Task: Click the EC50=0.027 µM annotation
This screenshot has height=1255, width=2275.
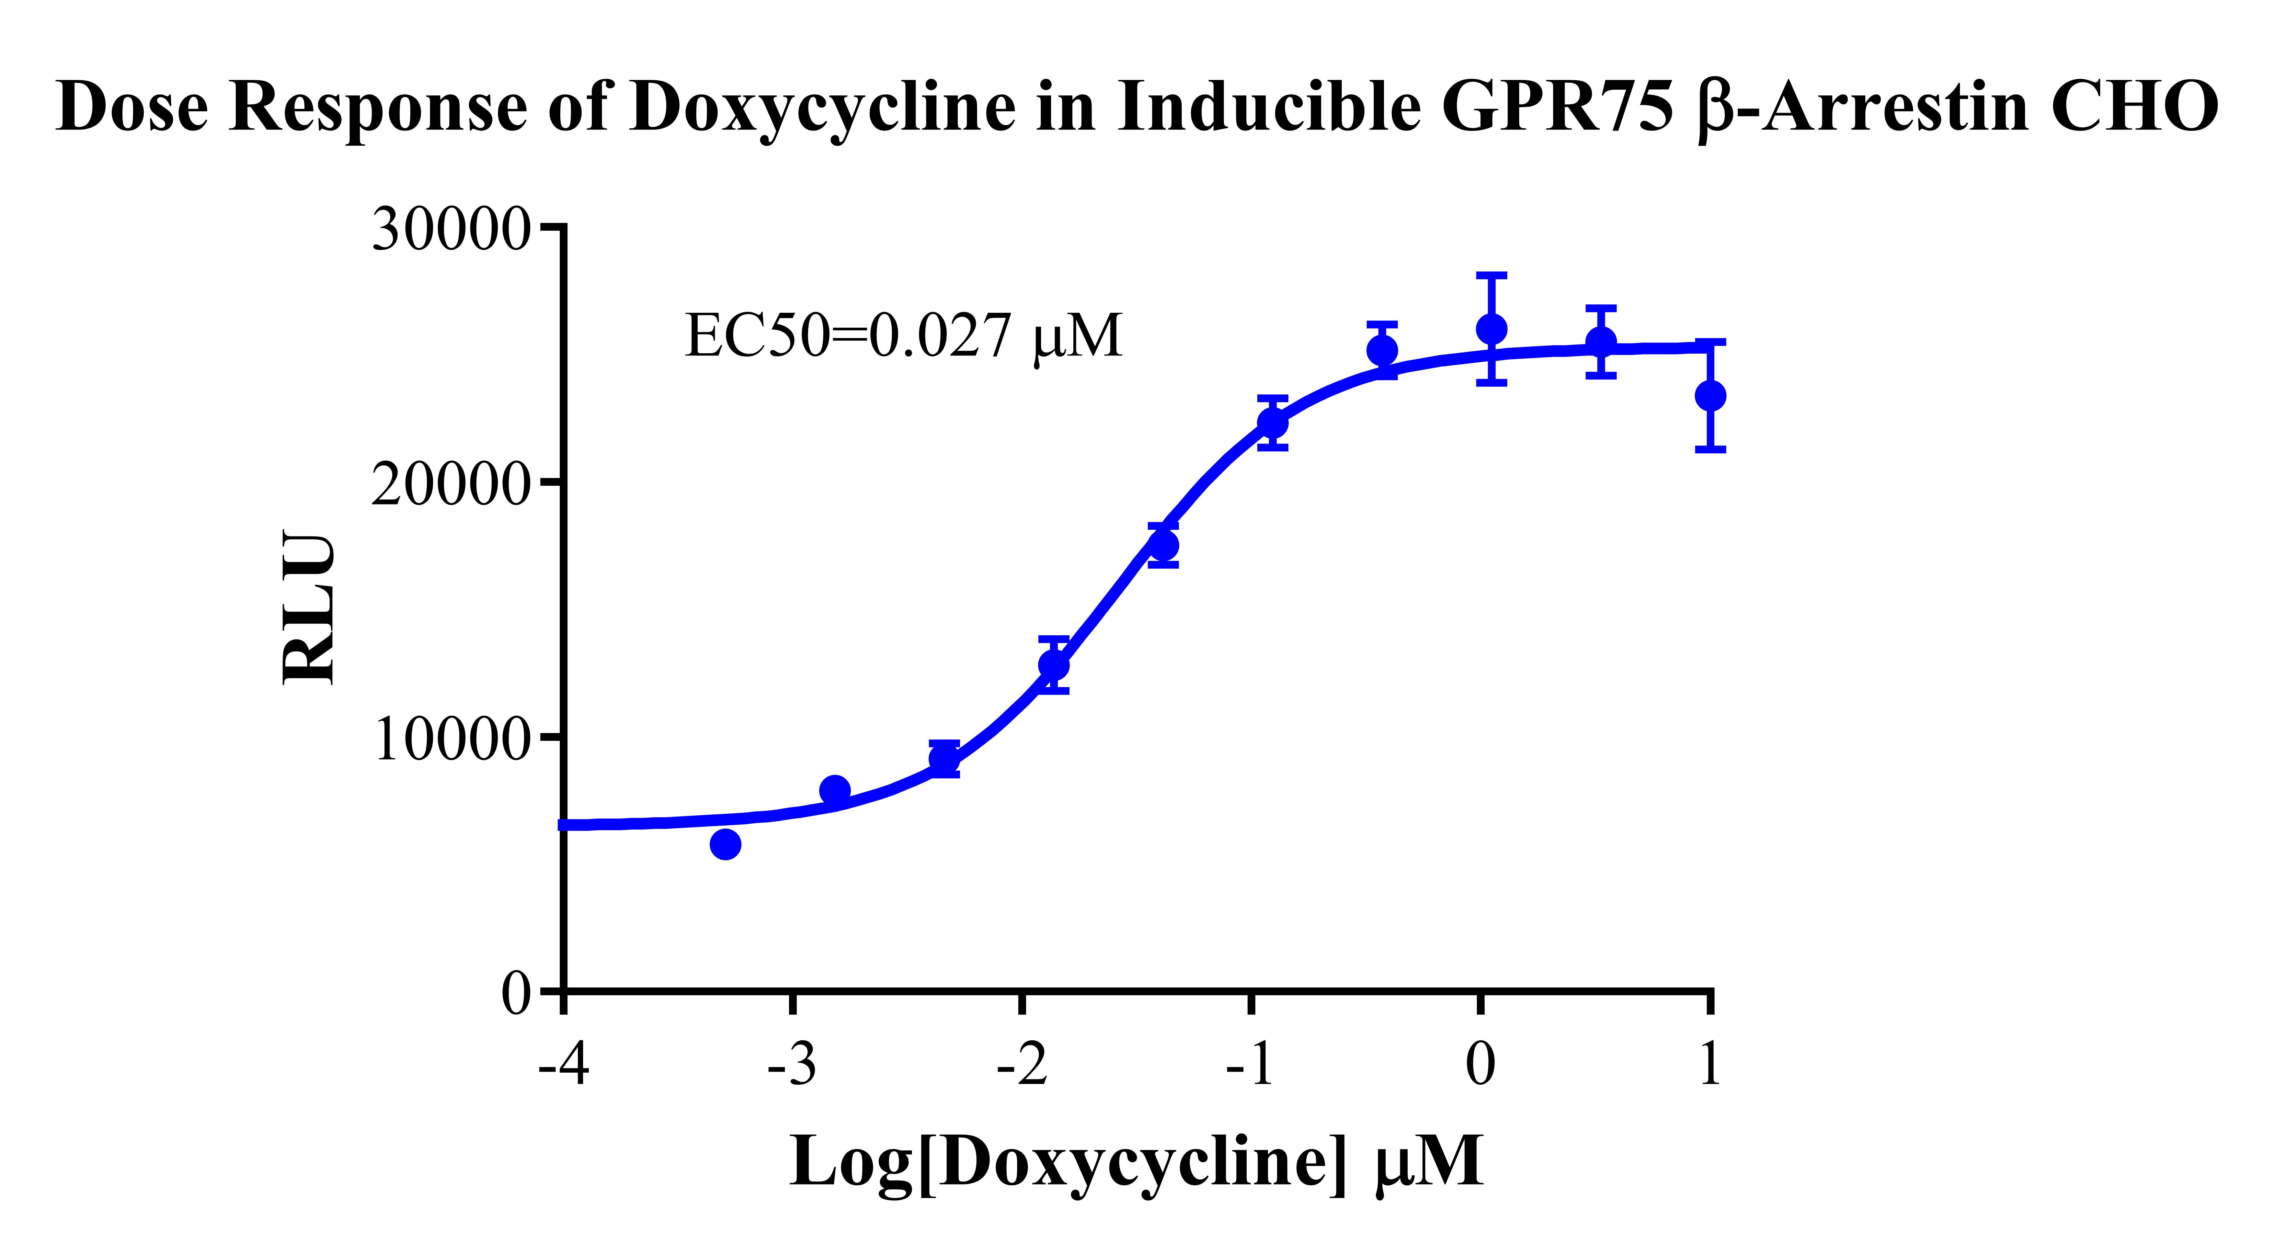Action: (903, 336)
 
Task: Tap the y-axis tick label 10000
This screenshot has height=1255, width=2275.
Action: (451, 738)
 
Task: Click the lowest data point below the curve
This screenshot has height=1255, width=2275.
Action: (725, 844)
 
